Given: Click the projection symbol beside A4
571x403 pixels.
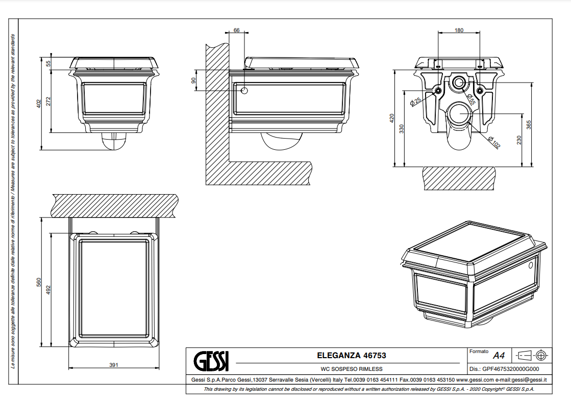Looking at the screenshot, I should [532, 355].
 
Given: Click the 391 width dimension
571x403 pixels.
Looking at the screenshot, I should [114, 365].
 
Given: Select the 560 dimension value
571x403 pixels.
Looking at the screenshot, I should [39, 283].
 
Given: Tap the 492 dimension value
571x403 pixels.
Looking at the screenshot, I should [49, 289].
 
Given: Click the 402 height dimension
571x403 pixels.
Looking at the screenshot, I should [39, 103].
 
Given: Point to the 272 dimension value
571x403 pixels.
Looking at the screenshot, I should [49, 101].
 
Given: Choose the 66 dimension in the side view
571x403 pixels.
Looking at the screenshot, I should [236, 31].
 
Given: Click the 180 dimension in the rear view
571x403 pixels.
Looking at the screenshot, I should [459, 31].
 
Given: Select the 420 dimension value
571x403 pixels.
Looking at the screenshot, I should [392, 119].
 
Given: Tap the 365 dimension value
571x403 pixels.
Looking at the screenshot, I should [529, 124].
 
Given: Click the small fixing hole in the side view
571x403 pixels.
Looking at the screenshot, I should [244, 91].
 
